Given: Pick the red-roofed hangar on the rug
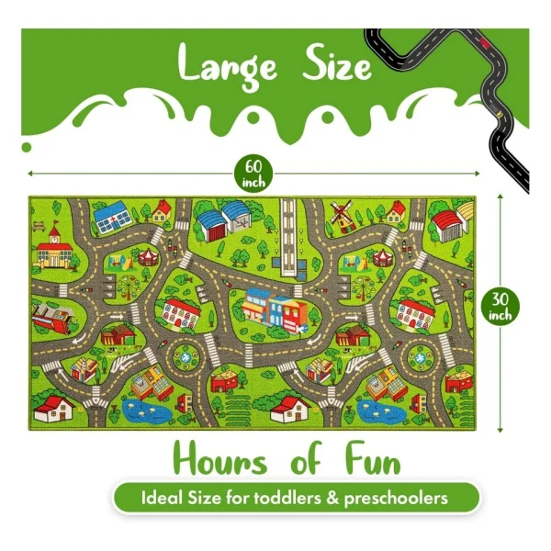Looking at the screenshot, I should pyautogui.click(x=449, y=222).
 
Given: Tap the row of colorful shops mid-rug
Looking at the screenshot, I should pyautogui.click(x=272, y=308).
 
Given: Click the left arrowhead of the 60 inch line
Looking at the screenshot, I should pyautogui.click(x=30, y=172).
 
